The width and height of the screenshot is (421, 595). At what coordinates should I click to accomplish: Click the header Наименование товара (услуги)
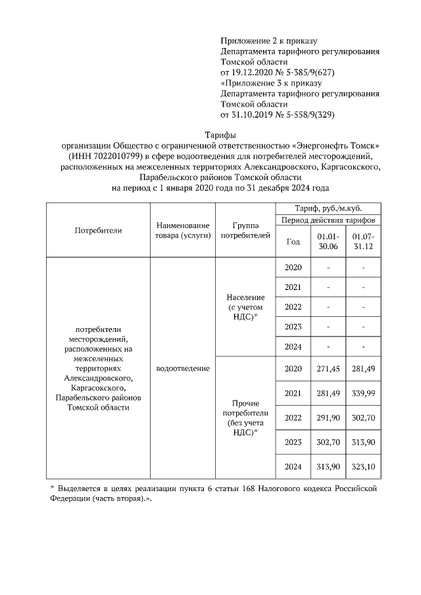182,230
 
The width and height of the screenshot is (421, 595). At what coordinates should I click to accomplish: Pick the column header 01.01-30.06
328,241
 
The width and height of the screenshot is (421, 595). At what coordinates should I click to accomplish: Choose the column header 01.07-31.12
362,241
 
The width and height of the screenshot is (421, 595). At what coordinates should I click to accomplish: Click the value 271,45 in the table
328,368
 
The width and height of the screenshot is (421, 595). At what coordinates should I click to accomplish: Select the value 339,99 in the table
362,393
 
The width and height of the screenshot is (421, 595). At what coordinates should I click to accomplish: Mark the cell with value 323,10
362,467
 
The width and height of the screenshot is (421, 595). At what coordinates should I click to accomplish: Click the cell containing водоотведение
182,368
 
